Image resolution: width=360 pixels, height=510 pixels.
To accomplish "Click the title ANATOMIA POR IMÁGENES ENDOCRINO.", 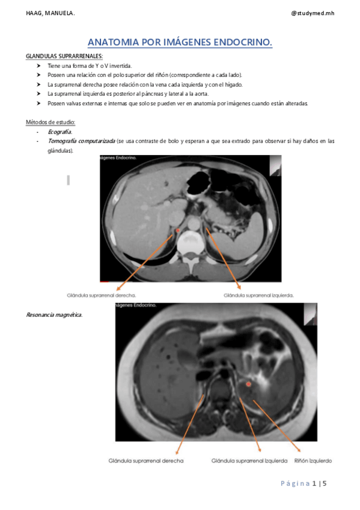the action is click(180, 42).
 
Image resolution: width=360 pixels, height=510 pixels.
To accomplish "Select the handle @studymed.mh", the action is click(312, 13).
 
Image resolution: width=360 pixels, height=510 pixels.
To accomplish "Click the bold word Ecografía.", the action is click(60, 132).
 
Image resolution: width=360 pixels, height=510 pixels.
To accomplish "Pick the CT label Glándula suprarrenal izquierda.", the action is click(258, 295).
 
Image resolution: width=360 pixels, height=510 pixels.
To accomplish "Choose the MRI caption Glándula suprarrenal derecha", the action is click(146, 461).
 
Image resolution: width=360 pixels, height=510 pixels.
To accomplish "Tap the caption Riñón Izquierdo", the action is click(313, 461).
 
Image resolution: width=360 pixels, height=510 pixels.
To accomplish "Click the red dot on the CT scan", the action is click(178, 230).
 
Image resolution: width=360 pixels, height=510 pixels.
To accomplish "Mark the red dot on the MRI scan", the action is click(248, 384).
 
